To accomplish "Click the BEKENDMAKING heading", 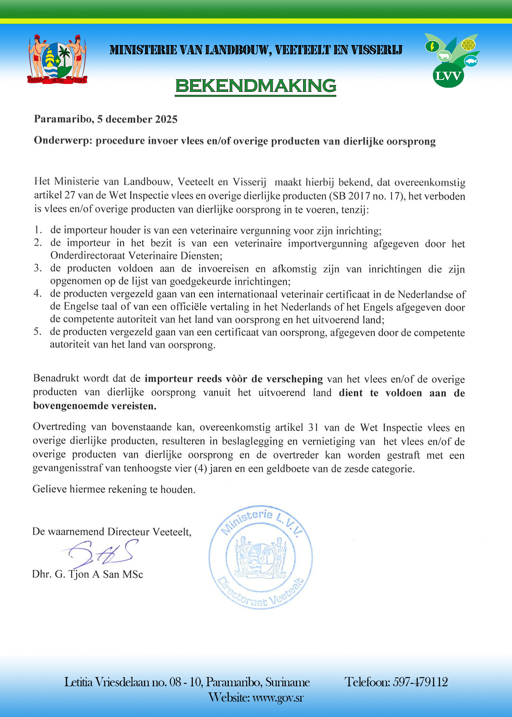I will click(256, 86).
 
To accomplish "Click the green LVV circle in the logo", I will click(448, 76).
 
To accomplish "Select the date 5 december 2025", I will click(137, 119).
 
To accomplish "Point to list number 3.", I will click(38, 268).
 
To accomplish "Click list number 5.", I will click(38, 332).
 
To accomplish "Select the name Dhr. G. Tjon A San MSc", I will click(87, 574).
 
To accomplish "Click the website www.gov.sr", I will click(278, 698).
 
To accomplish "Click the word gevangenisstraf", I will click(67, 468).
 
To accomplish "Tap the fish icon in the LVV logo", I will click(471, 61).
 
